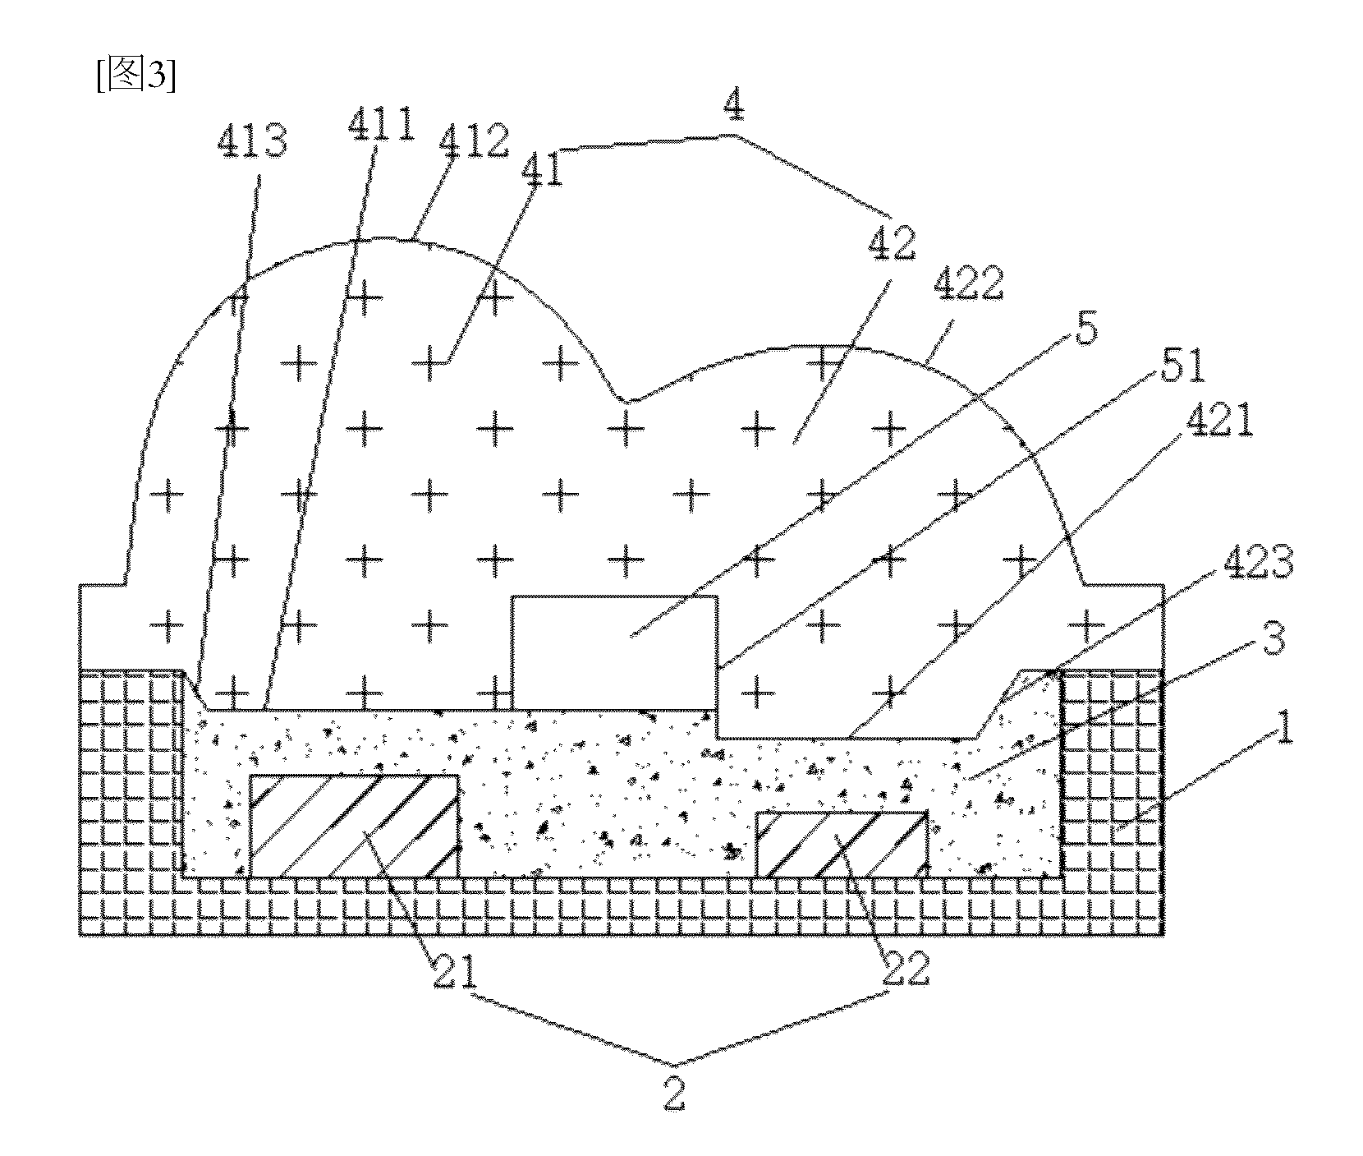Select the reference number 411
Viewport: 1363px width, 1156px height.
click(381, 128)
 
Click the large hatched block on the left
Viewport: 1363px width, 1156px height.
click(353, 825)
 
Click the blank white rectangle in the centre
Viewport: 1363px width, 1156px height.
click(614, 652)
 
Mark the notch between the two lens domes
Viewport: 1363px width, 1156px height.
click(626, 401)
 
